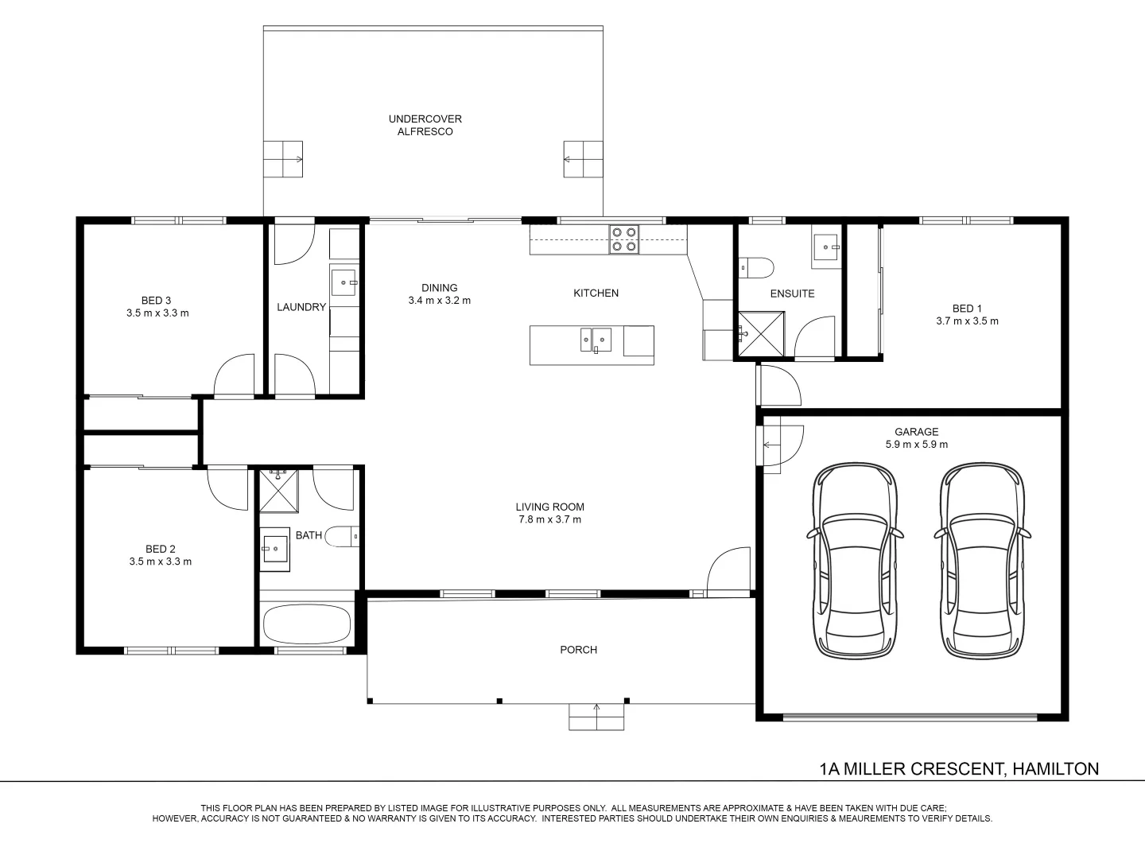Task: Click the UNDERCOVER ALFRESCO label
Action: pyautogui.click(x=425, y=125)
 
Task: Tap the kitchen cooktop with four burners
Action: pyautogui.click(x=624, y=239)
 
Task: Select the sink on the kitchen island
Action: pyautogui.click(x=596, y=340)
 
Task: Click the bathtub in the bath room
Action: pyautogui.click(x=307, y=624)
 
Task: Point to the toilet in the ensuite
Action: pyautogui.click(x=756, y=267)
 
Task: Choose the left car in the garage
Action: pyautogui.click(x=855, y=561)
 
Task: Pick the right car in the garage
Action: pyautogui.click(x=982, y=561)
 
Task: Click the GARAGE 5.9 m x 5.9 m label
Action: pyautogui.click(x=917, y=438)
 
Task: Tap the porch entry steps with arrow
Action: pyautogui.click(x=596, y=717)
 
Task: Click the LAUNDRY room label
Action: pyautogui.click(x=301, y=307)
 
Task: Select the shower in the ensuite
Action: pyautogui.click(x=762, y=334)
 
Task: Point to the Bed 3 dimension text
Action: pyautogui.click(x=157, y=313)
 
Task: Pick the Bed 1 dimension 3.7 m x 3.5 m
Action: pyautogui.click(x=967, y=321)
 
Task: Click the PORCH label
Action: pyautogui.click(x=579, y=650)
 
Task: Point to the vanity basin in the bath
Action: pyautogui.click(x=275, y=549)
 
